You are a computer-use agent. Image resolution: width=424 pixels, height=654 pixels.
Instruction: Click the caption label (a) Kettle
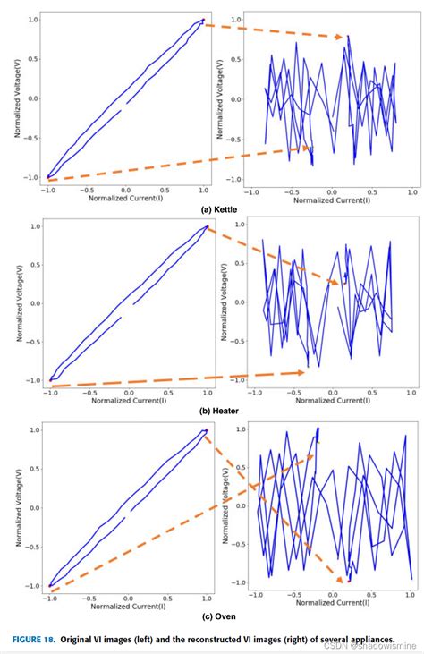[217, 208]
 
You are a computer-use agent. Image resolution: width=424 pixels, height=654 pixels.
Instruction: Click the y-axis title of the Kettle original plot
[16, 98]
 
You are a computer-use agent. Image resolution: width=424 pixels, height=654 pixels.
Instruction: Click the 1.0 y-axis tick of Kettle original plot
[33, 19]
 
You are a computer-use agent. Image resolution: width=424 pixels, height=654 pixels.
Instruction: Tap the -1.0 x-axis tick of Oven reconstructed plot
[256, 594]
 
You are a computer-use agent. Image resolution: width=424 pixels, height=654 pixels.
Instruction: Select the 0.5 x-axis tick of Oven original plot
[167, 594]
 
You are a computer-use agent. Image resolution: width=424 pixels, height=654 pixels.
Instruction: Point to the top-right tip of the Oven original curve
[206, 430]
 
